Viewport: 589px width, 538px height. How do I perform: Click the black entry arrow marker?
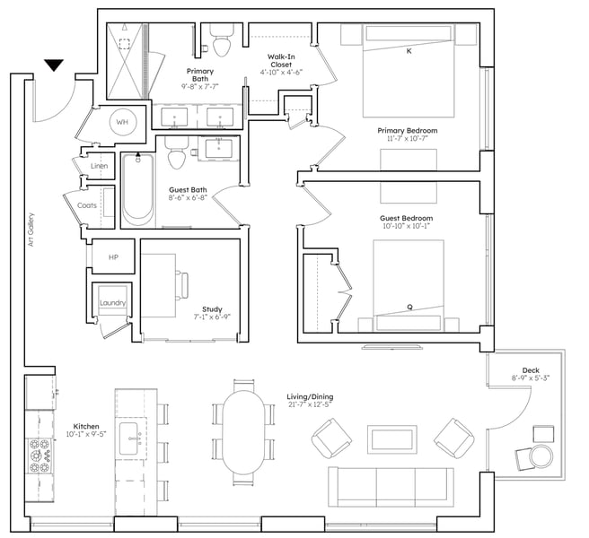(x=54, y=65)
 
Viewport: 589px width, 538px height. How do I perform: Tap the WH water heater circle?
(x=122, y=122)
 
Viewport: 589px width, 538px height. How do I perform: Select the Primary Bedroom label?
(x=408, y=131)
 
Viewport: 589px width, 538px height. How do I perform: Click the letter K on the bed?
(x=409, y=51)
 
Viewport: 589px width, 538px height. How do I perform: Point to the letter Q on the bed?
(x=409, y=307)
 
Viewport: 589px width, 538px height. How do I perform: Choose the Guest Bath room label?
(x=188, y=190)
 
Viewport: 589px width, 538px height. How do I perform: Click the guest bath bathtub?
(x=138, y=190)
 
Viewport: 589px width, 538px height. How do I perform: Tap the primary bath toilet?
(x=222, y=40)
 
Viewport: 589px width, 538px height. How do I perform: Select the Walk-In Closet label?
(x=281, y=61)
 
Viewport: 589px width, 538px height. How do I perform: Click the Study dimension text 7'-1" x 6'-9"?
(x=212, y=317)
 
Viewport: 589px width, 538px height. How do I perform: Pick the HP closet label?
(x=113, y=257)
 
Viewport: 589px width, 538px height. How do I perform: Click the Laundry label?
(x=113, y=303)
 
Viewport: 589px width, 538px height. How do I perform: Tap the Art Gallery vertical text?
(x=31, y=230)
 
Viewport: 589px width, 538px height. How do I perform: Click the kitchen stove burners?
(x=40, y=456)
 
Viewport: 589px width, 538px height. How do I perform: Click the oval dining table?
(x=244, y=432)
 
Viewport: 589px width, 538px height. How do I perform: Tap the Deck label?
(x=531, y=370)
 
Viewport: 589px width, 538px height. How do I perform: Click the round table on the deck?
(x=541, y=456)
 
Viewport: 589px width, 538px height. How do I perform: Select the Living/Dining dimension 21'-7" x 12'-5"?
(x=311, y=404)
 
